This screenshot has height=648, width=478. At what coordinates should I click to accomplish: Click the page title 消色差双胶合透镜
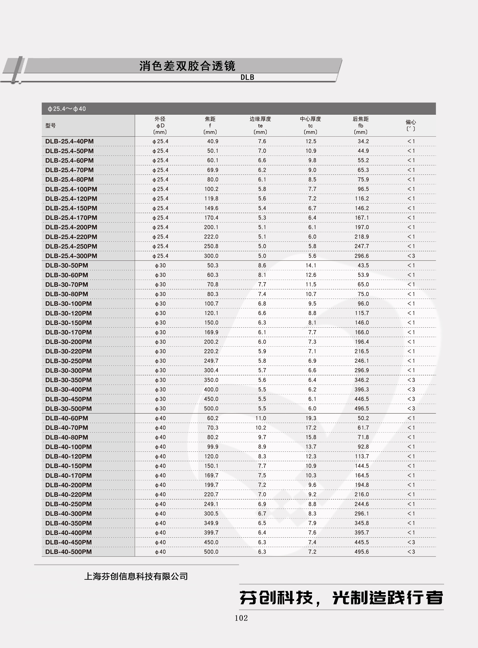pos(187,66)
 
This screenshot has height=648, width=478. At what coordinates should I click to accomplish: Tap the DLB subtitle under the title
pos(247,77)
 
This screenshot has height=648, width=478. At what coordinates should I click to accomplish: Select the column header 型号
pos(51,126)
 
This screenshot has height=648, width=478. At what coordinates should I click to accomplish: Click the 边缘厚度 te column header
pos(260,126)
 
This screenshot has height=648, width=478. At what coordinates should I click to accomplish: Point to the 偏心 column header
pos(411,126)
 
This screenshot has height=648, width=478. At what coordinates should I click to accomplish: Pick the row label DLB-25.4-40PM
pos(69,141)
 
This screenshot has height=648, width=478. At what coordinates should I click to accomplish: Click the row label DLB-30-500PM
pos(69,408)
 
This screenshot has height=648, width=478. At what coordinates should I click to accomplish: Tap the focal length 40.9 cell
pos(213,141)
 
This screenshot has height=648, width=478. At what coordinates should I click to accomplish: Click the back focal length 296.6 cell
pos(362,256)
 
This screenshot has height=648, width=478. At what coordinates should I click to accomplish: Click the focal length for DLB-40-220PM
pos(211,494)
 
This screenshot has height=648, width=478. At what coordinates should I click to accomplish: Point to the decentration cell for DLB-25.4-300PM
pos(411,256)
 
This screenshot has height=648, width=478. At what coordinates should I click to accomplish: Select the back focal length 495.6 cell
pos(362,552)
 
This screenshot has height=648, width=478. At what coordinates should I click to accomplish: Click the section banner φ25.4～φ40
pos(67,109)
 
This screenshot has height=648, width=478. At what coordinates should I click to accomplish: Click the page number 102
pos(241,618)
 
